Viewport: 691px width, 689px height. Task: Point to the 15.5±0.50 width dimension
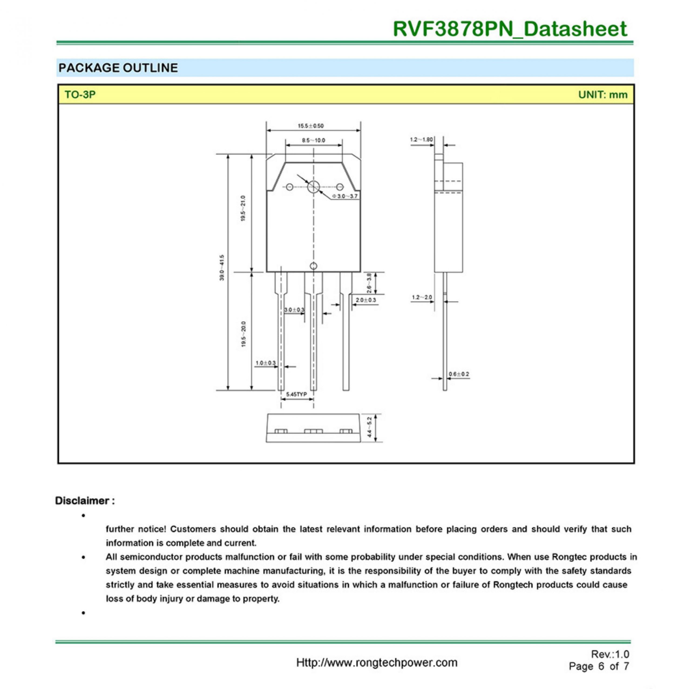click(x=310, y=126)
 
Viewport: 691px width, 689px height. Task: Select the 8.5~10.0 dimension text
click(x=313, y=141)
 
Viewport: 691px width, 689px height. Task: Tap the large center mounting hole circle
click(x=314, y=186)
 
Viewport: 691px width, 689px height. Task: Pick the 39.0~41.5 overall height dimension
click(x=222, y=267)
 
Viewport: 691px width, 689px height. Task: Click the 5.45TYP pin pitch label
click(x=296, y=394)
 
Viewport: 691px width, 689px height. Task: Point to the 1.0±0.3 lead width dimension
click(x=265, y=363)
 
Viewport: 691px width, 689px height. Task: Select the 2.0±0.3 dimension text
click(x=365, y=300)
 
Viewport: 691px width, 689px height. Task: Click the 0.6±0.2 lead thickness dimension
click(x=459, y=374)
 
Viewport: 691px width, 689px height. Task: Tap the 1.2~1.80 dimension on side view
click(x=421, y=139)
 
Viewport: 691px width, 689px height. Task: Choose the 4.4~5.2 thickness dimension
click(x=370, y=428)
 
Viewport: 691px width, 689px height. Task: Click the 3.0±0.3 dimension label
click(x=294, y=310)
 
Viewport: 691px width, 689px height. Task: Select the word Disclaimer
click(x=82, y=501)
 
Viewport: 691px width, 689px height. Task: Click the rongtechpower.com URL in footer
click(x=377, y=663)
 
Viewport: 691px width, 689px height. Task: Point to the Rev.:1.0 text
click(x=610, y=654)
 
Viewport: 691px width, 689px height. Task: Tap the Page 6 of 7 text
click(x=599, y=667)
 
